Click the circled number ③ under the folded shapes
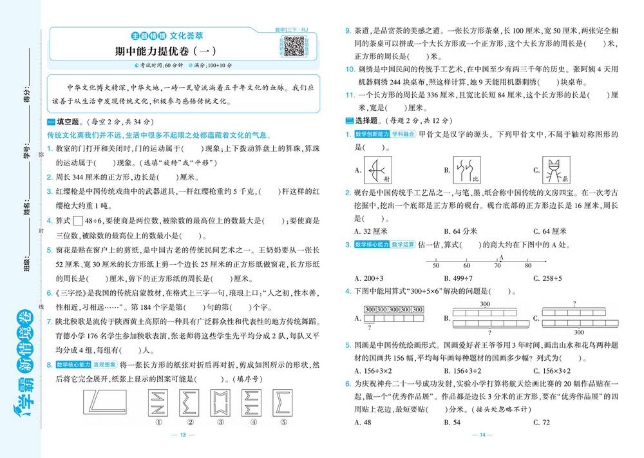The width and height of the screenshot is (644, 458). tap(221, 423)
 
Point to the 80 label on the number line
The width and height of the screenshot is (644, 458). tap(528, 265)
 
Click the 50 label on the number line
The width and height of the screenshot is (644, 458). tap(436, 265)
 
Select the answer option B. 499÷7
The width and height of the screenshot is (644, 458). tap(460, 278)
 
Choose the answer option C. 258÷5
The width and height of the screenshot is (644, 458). tap(549, 278)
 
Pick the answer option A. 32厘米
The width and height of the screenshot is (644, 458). tap(371, 231)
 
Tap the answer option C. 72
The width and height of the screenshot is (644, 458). tap(542, 422)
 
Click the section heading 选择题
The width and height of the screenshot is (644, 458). tap(366, 120)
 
